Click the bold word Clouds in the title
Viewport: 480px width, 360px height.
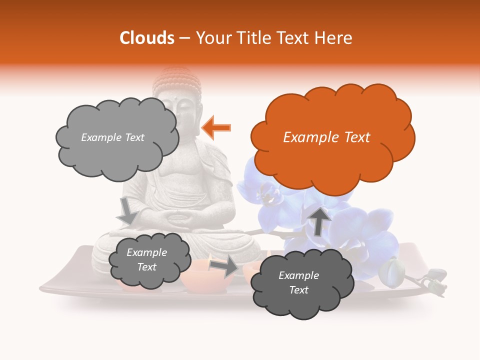point(147,37)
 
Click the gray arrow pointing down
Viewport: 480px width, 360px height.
point(127,211)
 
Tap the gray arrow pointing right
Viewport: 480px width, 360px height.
point(224,266)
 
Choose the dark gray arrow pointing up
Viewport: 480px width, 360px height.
point(319,221)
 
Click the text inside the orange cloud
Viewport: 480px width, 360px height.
point(326,137)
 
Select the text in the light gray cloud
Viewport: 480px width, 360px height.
point(112,137)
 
